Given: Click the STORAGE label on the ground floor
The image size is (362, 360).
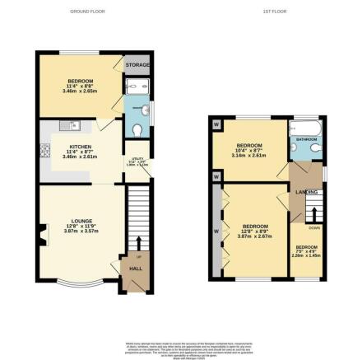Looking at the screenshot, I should coord(136,63).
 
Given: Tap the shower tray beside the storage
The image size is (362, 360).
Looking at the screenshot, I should coord(135,88).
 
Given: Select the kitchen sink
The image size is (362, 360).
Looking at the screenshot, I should coord(73,125).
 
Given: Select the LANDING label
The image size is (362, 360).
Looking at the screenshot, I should coord(307,191).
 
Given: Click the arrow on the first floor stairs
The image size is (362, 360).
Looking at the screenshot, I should coord(313,216).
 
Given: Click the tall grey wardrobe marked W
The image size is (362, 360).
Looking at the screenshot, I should coord(217,231).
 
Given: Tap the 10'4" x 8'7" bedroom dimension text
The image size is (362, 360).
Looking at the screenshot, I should coord(248,152).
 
